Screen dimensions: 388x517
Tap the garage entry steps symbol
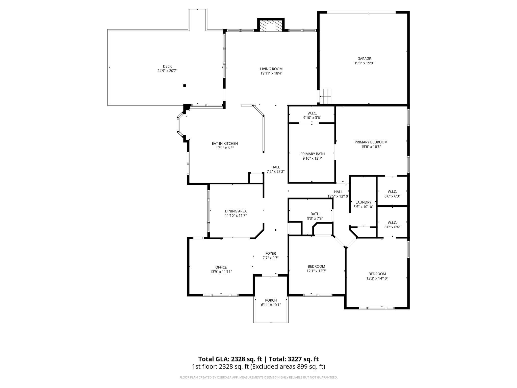(x=326, y=96)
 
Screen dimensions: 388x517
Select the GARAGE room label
(x=364, y=59)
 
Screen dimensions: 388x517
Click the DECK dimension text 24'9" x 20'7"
(x=167, y=71)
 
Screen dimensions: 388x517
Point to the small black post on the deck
(x=185, y=86)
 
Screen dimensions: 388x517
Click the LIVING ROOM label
(x=271, y=69)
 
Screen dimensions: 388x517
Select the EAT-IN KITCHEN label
(x=225, y=143)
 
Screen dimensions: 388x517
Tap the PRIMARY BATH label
(x=312, y=154)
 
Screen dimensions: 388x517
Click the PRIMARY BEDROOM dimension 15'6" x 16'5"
(x=371, y=147)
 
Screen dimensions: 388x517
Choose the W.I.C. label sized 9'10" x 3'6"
(x=312, y=113)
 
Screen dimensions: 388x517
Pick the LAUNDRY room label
(x=363, y=202)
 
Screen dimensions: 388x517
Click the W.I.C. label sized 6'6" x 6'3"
(x=392, y=191)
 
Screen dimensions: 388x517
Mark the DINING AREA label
(x=236, y=211)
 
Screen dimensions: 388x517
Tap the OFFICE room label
(x=221, y=267)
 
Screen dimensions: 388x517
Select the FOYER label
(x=271, y=253)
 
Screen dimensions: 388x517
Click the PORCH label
(x=271, y=300)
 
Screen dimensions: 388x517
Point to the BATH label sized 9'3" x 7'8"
(x=315, y=214)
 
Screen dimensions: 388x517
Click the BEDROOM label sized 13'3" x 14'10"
(x=377, y=274)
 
